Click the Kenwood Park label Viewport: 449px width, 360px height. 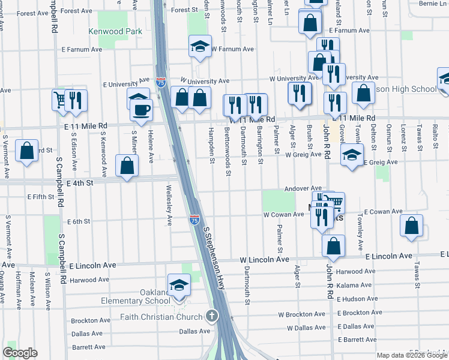115,31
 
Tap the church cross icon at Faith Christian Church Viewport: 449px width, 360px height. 211,315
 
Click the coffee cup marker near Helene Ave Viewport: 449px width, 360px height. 142,110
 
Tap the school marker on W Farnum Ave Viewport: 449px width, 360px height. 200,47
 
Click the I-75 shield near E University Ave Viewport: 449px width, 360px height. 161,82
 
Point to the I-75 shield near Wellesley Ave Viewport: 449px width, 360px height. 193,220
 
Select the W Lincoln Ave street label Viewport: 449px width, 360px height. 264,260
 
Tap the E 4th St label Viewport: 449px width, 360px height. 81,182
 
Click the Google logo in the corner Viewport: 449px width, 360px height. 20,353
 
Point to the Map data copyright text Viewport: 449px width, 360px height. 412,355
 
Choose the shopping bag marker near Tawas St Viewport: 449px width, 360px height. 411,226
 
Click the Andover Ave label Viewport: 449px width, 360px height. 304,188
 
